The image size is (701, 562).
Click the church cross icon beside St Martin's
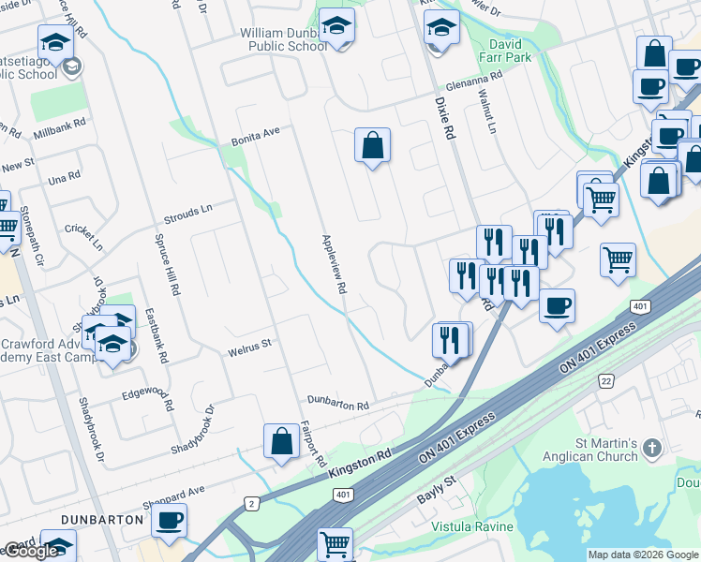[653, 450]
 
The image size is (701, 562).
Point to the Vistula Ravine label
[471, 526]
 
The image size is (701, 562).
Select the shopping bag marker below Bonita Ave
[372, 145]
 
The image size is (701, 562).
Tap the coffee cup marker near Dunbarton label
[169, 520]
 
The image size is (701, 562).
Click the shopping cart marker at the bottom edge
[336, 542]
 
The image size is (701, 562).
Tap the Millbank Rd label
[59, 123]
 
